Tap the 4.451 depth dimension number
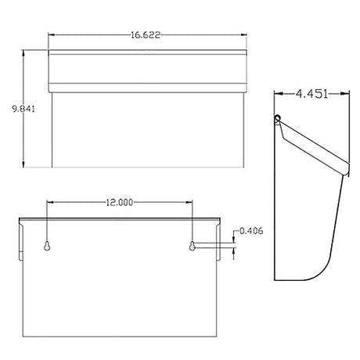coord(311,92)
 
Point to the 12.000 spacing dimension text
coord(119,202)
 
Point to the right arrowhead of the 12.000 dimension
coord(190,202)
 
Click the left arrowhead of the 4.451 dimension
coord(276,92)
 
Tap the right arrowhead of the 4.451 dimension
coord(347,92)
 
